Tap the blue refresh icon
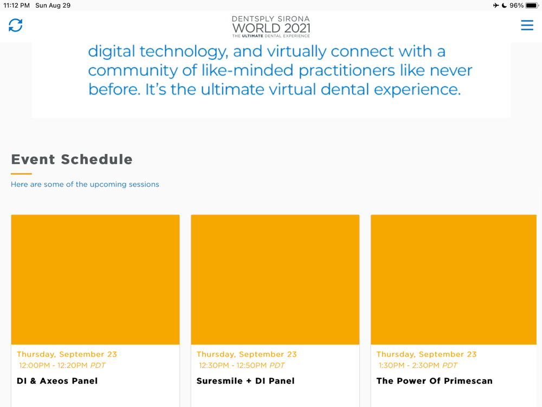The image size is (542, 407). coord(16,25)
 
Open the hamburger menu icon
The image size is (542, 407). coord(527,26)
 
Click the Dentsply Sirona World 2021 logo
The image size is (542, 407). coord(271,27)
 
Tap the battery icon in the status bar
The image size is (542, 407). coord(532,5)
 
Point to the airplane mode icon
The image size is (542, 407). coord(496,5)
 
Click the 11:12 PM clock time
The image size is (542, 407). coord(17,5)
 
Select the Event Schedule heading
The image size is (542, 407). coord(72,159)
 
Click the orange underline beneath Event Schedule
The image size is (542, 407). coord(22,174)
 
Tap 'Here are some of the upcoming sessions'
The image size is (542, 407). coord(85,185)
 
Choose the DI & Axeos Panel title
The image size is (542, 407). coord(57,381)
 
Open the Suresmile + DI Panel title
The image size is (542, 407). coord(246,381)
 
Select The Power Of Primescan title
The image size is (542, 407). coord(435,381)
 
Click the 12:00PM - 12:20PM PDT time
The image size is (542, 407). coord(62,365)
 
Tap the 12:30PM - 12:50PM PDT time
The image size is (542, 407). coord(242,365)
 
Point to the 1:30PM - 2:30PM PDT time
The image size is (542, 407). coord(418,365)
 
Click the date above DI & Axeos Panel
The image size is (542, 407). coord(67,354)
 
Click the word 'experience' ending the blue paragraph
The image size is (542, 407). coord(417,90)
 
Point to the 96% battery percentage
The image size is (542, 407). coord(517,5)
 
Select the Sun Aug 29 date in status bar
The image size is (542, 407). coord(53,5)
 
